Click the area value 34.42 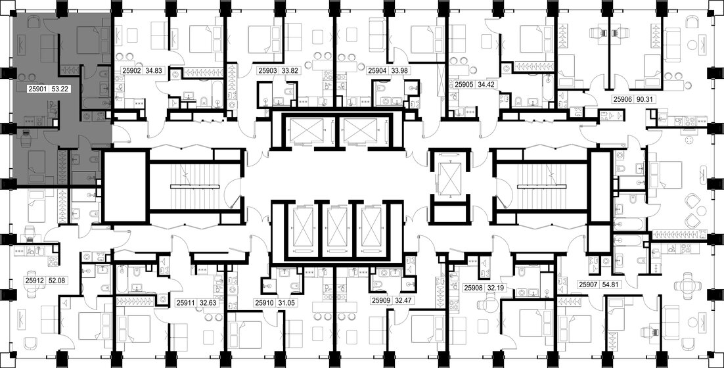(488, 84)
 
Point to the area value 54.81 (615, 285)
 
